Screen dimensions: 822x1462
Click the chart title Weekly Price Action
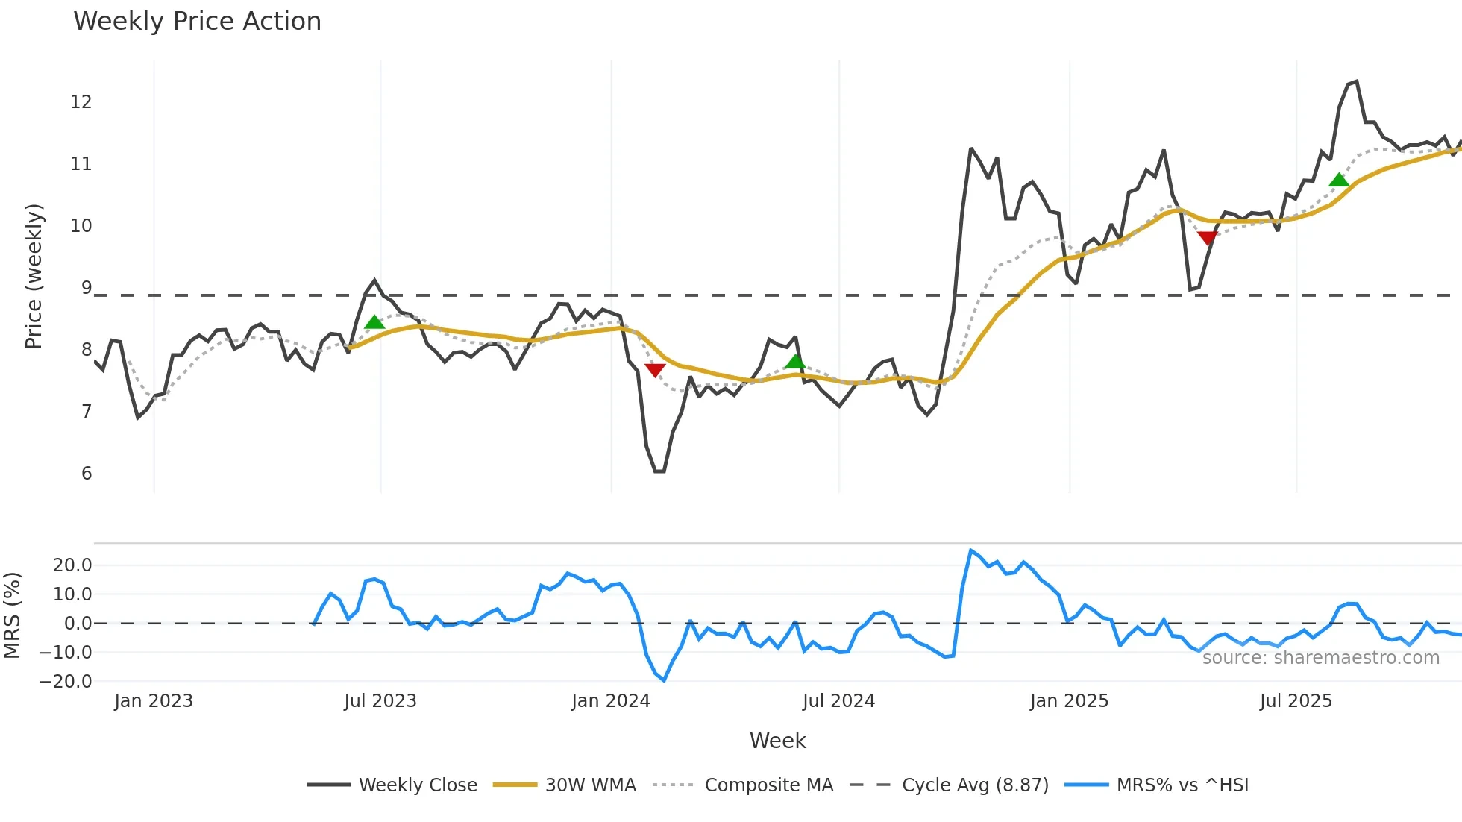(197, 22)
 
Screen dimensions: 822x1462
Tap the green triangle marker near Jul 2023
(374, 322)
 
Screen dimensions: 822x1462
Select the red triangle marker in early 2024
(655, 370)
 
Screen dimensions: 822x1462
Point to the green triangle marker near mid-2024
(795, 362)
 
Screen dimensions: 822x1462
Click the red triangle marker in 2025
(1207, 238)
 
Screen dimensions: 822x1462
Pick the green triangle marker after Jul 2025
(1339, 180)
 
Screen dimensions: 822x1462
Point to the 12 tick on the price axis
(81, 102)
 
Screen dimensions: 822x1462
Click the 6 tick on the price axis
(87, 474)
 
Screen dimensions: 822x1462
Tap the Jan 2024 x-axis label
(611, 701)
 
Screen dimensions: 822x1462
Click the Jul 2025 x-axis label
(1296, 701)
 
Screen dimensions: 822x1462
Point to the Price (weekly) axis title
(34, 276)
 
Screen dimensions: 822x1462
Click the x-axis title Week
(777, 741)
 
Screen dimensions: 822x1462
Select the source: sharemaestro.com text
(1320, 658)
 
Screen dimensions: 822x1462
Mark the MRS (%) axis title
(13, 615)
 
